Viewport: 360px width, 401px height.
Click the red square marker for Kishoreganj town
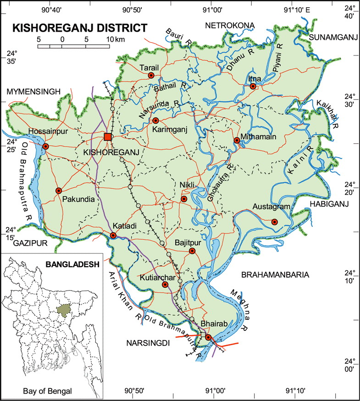107,137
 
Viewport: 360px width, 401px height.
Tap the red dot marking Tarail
151,75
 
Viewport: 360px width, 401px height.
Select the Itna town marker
253,86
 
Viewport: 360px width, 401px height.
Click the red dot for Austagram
274,222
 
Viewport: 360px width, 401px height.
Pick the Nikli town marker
184,199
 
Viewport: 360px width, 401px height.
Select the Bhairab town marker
208,337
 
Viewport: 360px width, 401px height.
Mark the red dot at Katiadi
113,236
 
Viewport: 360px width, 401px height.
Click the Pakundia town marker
58,191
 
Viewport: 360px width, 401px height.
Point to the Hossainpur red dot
45,147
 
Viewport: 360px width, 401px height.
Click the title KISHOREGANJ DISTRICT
80,27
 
